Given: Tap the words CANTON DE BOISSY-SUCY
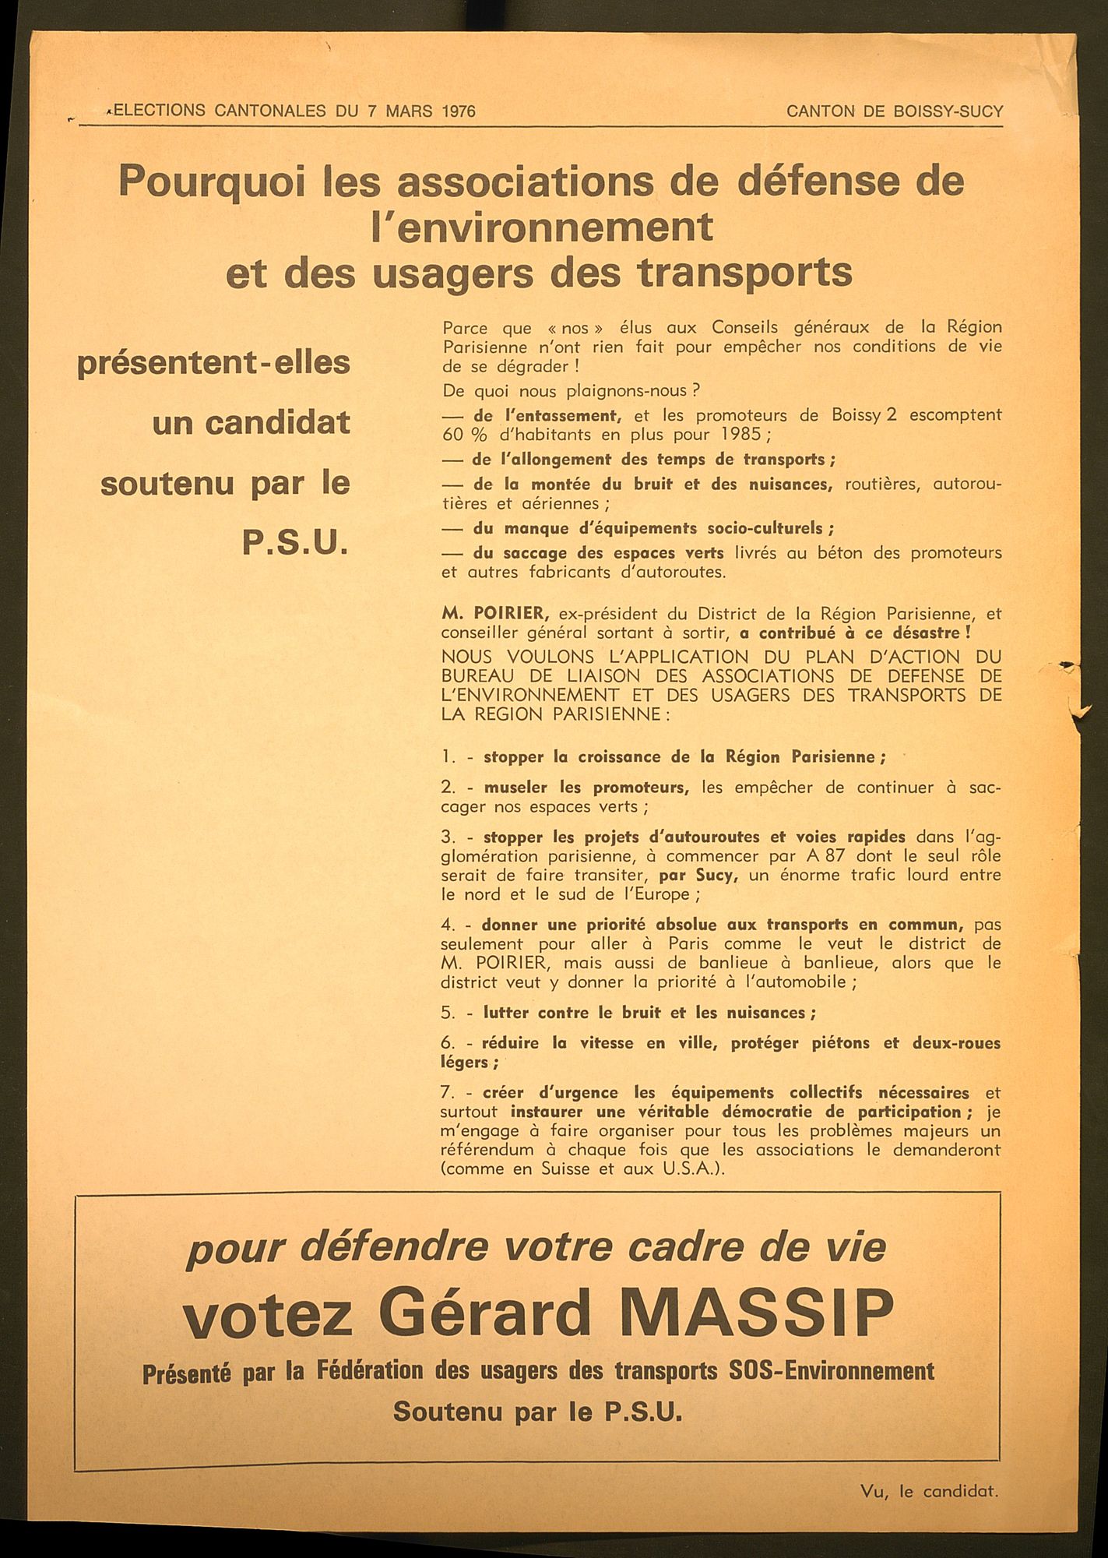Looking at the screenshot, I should pyautogui.click(x=895, y=111).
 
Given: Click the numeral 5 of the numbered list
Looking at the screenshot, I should pyautogui.click(x=446, y=1013).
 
